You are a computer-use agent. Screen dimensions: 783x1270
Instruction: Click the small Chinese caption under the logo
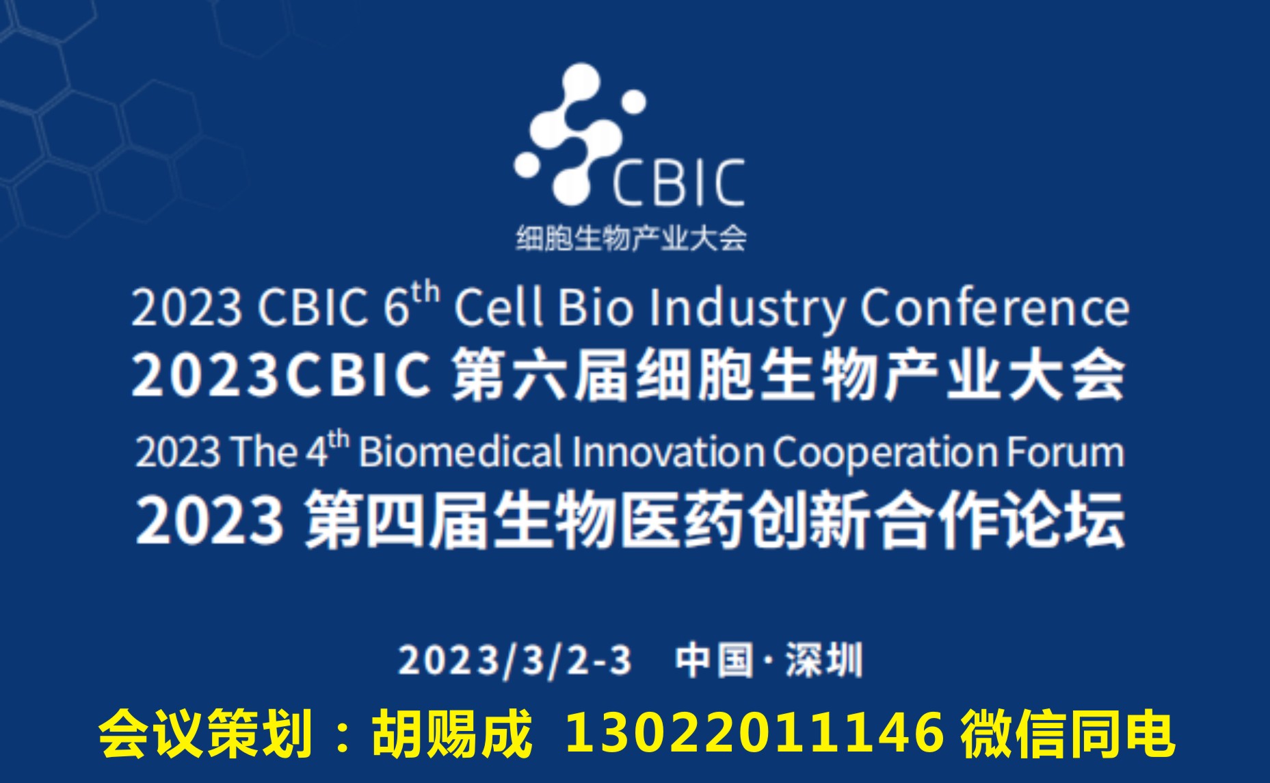631,238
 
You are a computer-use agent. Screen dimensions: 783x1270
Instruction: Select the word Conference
994,308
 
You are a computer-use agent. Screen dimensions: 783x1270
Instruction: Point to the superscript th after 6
425,293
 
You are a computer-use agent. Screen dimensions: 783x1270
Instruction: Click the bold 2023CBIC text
281,375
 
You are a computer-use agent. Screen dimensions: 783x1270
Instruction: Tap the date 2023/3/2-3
515,661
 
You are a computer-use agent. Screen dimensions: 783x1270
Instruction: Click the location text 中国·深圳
769,660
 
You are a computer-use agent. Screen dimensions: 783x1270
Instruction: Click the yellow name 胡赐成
452,734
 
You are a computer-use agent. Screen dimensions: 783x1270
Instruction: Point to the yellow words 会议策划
204,734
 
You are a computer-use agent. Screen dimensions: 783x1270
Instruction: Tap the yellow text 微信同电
1067,734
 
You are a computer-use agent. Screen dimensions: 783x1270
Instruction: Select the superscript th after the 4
339,439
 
